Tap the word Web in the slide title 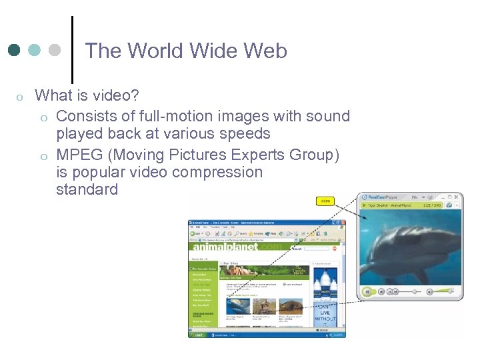[265, 51]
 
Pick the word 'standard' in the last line [87, 189]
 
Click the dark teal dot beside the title [14, 51]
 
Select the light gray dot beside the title [55, 51]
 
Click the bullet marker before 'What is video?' [19, 97]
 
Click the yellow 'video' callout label [325, 201]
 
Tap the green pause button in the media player [367, 291]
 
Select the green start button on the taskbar [197, 334]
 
